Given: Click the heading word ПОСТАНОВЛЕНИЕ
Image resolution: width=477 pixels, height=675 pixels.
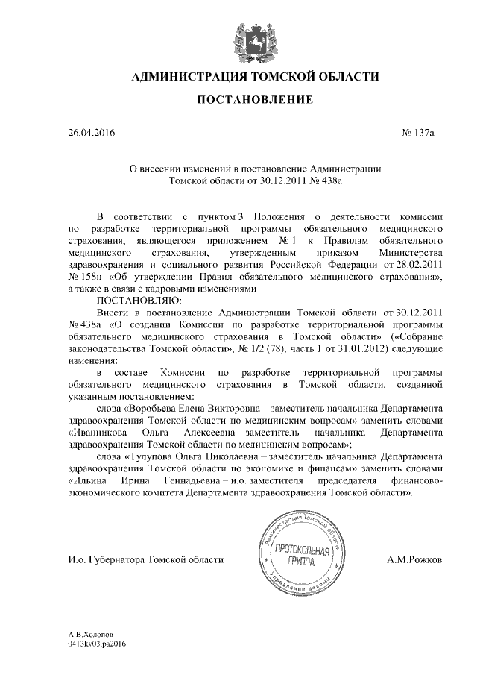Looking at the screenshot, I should pyautogui.click(x=255, y=99).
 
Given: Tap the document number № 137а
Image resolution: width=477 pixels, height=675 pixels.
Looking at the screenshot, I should pyautogui.click(x=417, y=134).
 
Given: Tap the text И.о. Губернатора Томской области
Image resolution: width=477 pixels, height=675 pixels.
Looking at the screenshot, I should pyautogui.click(x=145, y=559).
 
